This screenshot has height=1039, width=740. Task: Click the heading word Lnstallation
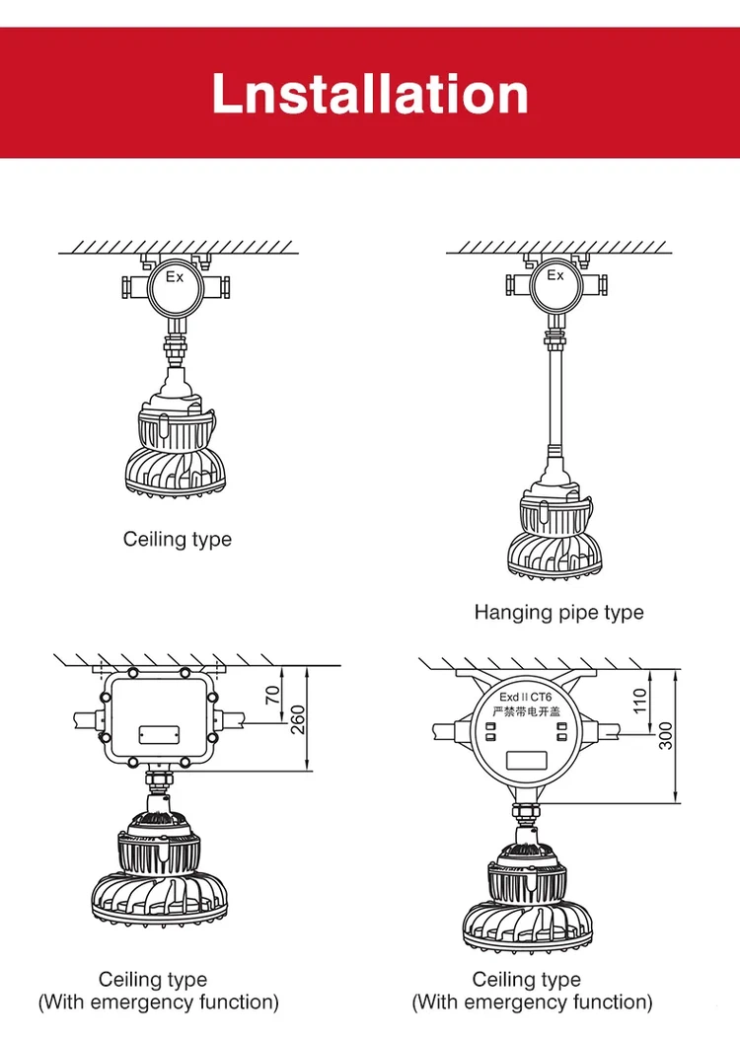370,94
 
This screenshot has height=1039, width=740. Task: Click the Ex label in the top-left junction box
175,278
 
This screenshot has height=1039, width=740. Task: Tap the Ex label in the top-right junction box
556,276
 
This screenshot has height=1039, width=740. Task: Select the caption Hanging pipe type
558,613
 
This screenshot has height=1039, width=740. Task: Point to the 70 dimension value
273,696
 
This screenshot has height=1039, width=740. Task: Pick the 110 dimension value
640,702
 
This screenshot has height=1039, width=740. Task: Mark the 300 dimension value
667,735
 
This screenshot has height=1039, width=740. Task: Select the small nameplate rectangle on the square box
158,734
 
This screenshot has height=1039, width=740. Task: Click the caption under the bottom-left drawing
158,991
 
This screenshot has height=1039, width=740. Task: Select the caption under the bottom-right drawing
532,991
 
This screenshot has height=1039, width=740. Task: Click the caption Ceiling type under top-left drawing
178,540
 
